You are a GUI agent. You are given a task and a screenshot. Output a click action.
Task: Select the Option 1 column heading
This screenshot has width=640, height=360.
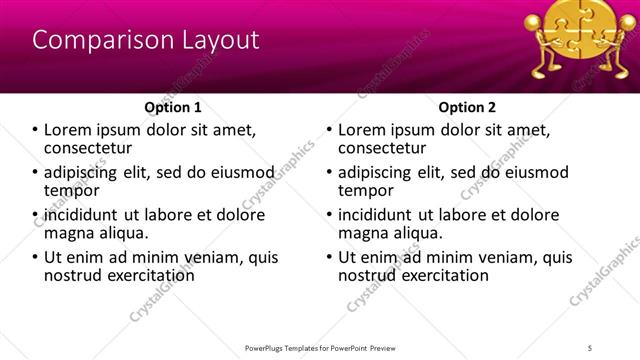tap(173, 107)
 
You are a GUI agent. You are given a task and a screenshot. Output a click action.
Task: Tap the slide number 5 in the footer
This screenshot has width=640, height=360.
tap(591, 348)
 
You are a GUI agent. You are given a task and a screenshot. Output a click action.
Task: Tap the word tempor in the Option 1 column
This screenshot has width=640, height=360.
tap(72, 190)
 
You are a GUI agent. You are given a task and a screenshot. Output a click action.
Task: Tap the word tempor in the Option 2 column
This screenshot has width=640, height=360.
tap(365, 190)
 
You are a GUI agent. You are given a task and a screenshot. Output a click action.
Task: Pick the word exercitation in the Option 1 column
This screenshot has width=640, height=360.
tap(147, 275)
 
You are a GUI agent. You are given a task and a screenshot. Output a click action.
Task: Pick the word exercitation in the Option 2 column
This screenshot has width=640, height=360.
tap(440, 275)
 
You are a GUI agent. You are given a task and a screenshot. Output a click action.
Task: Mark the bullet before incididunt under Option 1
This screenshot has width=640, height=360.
tap(37, 215)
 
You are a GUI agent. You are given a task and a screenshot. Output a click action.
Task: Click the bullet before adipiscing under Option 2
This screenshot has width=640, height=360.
tap(330, 172)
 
